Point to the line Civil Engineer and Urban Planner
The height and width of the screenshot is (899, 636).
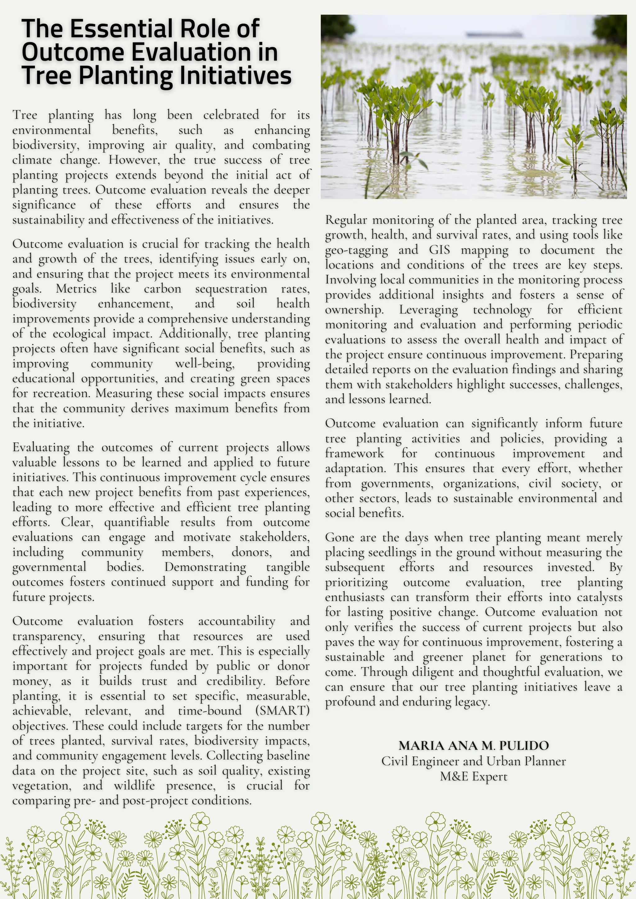(x=474, y=761)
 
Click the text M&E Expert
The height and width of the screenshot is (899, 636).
(x=474, y=776)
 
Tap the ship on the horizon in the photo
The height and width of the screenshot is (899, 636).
(x=494, y=34)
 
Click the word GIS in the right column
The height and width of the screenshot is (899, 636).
(x=439, y=250)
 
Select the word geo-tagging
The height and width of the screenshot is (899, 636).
(x=357, y=250)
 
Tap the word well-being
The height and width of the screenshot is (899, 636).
(x=205, y=364)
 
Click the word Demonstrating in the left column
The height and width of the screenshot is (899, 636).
(x=205, y=567)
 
